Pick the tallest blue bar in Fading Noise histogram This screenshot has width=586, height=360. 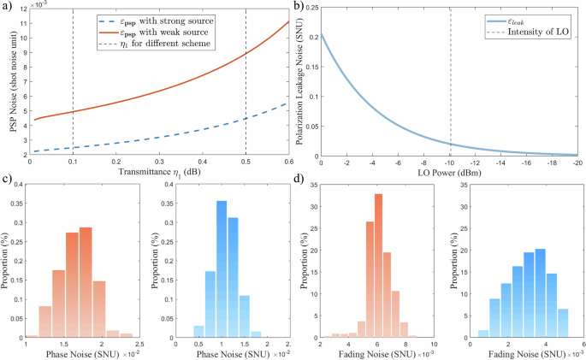(540, 292)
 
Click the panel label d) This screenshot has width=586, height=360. (301, 180)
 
